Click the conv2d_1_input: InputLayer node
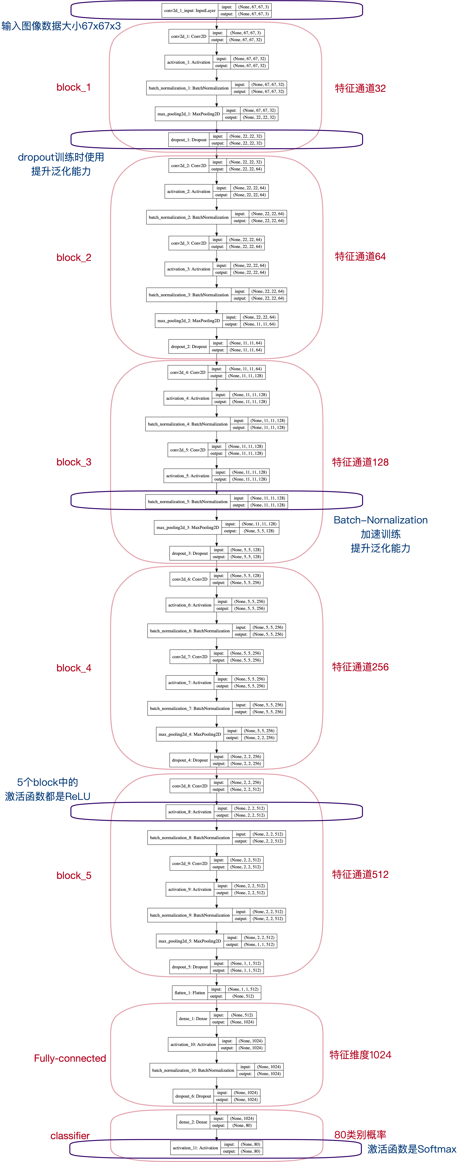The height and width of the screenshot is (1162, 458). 190,10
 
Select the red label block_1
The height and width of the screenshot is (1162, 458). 73,87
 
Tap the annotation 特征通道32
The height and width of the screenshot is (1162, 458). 360,88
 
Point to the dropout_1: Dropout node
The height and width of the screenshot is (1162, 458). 188,140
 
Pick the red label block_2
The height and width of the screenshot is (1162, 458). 73,258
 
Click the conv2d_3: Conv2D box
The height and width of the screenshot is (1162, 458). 188,243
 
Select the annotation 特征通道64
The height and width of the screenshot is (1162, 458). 360,257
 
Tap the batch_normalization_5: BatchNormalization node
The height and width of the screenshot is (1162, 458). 188,502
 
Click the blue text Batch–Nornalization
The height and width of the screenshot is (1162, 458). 381,520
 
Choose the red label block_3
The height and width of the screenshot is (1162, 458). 73,462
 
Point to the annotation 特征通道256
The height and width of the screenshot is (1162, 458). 360,667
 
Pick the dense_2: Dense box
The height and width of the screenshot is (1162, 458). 193,1122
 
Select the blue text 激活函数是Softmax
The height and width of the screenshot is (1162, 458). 412,1149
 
